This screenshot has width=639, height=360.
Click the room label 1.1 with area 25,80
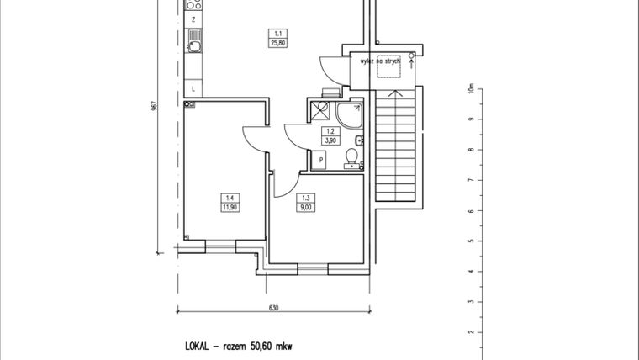click(274, 39)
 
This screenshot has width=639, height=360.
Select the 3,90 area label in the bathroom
click(330, 140)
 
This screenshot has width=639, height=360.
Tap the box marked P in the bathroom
click(321, 159)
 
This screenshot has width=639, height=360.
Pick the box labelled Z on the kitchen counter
click(194, 18)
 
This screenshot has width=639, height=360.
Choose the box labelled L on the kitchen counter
click(194, 87)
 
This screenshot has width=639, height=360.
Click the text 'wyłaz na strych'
click(379, 62)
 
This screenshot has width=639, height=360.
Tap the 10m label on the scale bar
click(472, 88)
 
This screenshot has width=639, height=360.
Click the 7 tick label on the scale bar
click(471, 180)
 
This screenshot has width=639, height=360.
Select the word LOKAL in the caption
click(200, 346)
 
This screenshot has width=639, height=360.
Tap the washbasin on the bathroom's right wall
click(359, 140)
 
